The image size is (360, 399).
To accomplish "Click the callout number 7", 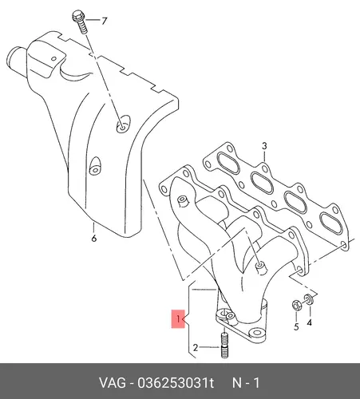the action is pyautogui.click(x=104, y=21).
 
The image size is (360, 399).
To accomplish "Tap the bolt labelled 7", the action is pyautogui.click(x=80, y=22).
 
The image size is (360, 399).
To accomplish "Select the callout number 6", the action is pyautogui.click(x=94, y=239).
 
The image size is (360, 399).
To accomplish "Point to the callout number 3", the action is pyautogui.click(x=264, y=146).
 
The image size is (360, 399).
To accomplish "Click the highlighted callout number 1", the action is pyautogui.click(x=178, y=318).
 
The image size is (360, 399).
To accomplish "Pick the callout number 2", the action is pyautogui.click(x=196, y=347).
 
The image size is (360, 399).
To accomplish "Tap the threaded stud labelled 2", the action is pyautogui.click(x=224, y=346).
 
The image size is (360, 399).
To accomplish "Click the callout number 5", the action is pyautogui.click(x=296, y=326).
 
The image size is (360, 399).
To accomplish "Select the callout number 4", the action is pyautogui.click(x=309, y=322).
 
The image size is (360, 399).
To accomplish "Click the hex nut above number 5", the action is pyautogui.click(x=296, y=306).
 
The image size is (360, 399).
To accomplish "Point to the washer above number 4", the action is pyautogui.click(x=309, y=299).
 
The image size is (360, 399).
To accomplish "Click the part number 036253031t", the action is pyautogui.click(x=176, y=383).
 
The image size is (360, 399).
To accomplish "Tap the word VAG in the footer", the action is pyautogui.click(x=112, y=383).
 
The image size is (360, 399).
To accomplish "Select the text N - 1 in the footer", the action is pyautogui.click(x=246, y=383).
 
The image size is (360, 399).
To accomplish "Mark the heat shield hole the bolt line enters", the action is pyautogui.click(x=123, y=124).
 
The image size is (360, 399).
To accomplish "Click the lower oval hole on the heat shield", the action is pyautogui.click(x=95, y=166).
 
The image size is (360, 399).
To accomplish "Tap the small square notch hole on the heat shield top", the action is pyautogui.click(x=54, y=58).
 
